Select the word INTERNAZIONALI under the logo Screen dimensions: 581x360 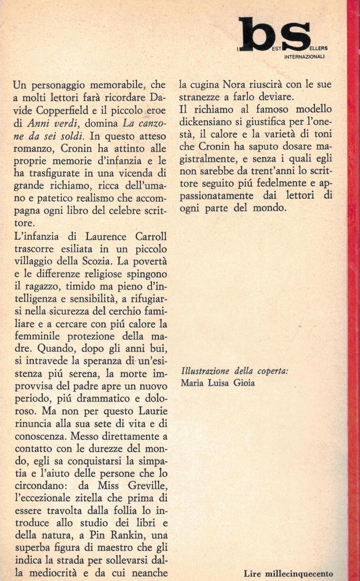click(x=305, y=57)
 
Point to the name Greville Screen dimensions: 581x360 click(x=145, y=486)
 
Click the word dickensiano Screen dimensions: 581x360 click(x=207, y=122)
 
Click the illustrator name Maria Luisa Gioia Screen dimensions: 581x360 click(x=218, y=383)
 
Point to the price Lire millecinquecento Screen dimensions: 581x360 click(x=288, y=574)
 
